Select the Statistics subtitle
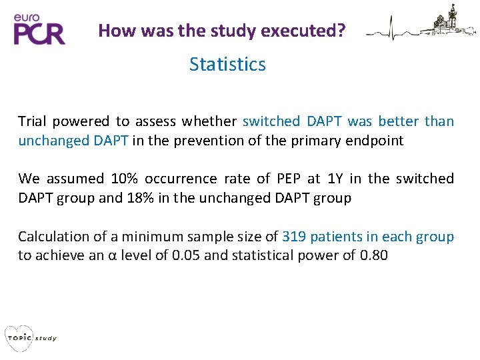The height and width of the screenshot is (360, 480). click(x=227, y=65)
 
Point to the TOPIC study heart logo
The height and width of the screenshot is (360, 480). click(x=30, y=337)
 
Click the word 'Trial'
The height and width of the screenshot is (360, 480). click(x=33, y=121)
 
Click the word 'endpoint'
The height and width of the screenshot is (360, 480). click(x=379, y=141)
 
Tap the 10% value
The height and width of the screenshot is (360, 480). click(x=126, y=179)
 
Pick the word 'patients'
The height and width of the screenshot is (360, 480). click(x=339, y=237)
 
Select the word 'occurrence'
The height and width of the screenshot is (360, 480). click(x=178, y=179)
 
